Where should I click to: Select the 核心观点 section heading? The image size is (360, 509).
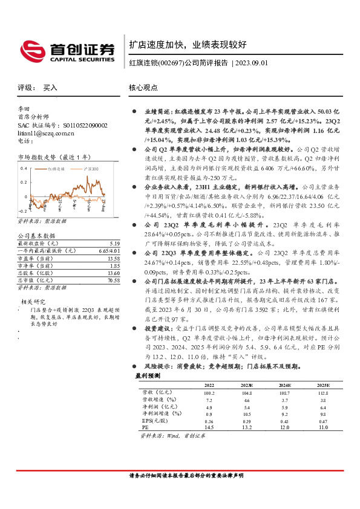143,87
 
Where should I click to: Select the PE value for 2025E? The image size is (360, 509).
322,427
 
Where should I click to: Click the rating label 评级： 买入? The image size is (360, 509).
38,87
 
